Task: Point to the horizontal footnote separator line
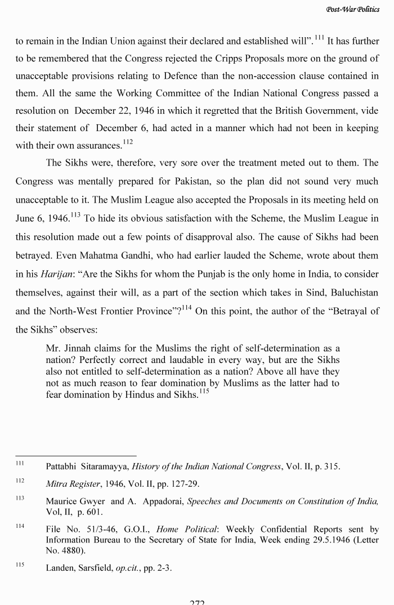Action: click(x=75, y=456)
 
